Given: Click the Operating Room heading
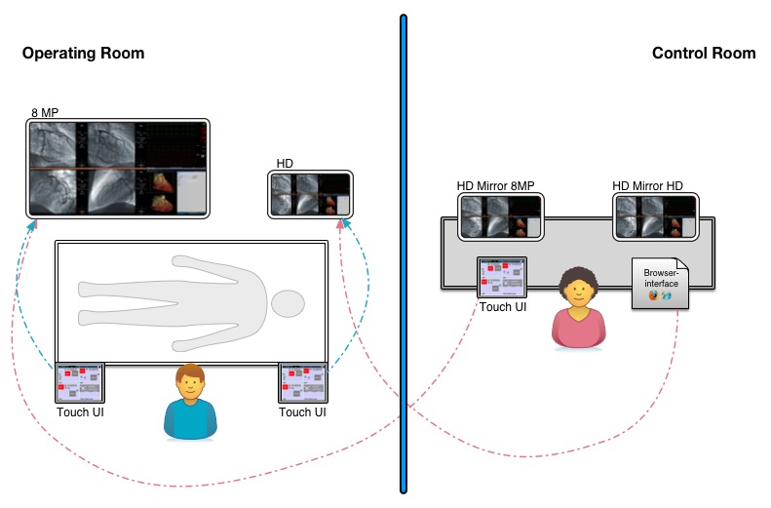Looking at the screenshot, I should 83,54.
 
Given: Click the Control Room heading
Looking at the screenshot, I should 703,54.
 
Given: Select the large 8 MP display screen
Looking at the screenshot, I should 118,168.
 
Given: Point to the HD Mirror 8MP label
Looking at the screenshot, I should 495,185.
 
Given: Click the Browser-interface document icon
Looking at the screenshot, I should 660,283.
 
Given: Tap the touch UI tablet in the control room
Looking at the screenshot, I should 502,278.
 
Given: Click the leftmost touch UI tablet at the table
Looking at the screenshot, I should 80,383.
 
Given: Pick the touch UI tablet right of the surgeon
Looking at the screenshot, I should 302,383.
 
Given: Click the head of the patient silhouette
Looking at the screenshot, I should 288,303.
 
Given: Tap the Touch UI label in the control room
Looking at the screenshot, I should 502,307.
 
